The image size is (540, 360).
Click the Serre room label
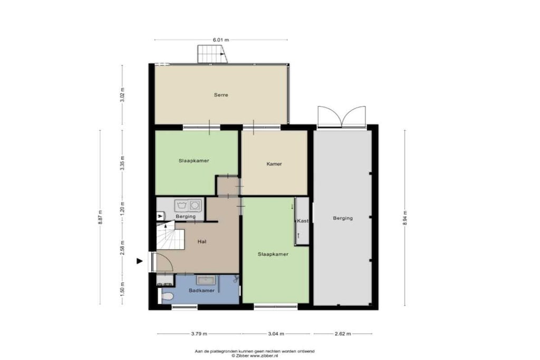click(x=221, y=95)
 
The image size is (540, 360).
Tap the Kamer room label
click(x=274, y=164)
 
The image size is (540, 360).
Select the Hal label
click(x=202, y=242)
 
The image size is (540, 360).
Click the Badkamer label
click(x=201, y=290)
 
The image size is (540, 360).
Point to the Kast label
click(x=303, y=221)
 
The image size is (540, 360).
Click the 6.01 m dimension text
click(x=221, y=40)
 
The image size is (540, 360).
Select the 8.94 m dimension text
click(x=404, y=218)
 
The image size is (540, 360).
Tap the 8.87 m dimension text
click(x=100, y=217)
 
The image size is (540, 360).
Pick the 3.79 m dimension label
click(x=199, y=334)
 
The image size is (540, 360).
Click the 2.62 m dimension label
click(x=343, y=334)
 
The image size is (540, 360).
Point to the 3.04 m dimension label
click(x=276, y=334)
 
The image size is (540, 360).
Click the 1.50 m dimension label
click(x=122, y=288)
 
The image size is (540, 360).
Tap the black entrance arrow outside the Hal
click(x=139, y=261)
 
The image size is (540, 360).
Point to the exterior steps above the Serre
click(x=212, y=54)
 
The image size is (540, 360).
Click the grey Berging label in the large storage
click(x=343, y=218)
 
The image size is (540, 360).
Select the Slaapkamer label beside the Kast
click(x=273, y=255)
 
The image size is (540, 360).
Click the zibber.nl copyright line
click(x=255, y=356)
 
